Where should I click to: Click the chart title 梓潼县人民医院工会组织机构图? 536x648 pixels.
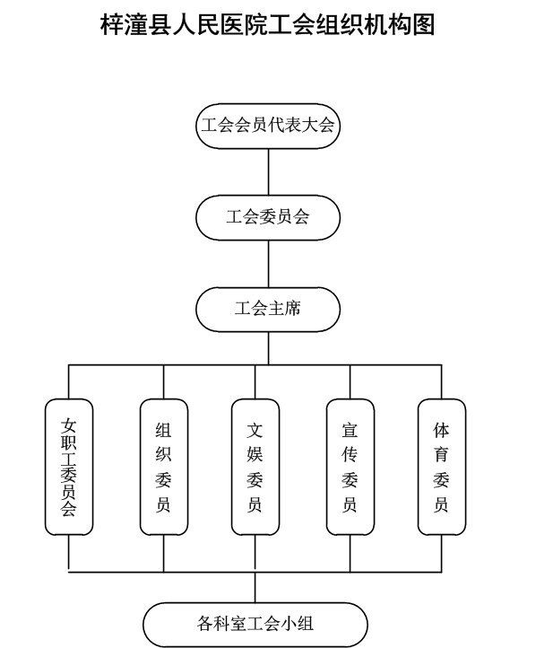click(x=268, y=24)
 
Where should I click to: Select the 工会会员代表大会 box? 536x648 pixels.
click(x=268, y=126)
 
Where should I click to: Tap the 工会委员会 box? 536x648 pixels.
click(x=268, y=217)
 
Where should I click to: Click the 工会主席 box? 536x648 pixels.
click(x=268, y=309)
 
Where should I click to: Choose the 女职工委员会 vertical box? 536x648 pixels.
click(x=69, y=467)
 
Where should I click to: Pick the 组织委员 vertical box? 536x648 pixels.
click(x=164, y=467)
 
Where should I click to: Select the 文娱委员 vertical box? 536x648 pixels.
click(x=255, y=467)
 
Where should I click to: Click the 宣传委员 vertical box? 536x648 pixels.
click(x=350, y=467)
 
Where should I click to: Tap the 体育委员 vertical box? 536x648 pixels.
click(x=442, y=467)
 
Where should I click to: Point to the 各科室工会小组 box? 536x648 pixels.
click(x=255, y=624)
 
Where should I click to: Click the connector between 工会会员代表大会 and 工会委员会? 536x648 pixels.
click(x=269, y=172)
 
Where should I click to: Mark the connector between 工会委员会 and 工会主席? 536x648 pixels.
click(x=269, y=264)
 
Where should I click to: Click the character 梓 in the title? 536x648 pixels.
click(x=112, y=24)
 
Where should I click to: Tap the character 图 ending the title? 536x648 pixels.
click(x=424, y=24)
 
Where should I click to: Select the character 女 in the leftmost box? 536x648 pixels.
click(x=68, y=425)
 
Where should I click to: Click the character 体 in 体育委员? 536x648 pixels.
click(x=441, y=430)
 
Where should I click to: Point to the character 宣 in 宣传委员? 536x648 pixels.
click(x=350, y=430)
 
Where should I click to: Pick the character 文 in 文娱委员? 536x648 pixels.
click(x=255, y=430)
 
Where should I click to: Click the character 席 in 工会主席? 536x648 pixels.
click(x=292, y=309)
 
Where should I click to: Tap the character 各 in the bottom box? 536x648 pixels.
click(x=205, y=623)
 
